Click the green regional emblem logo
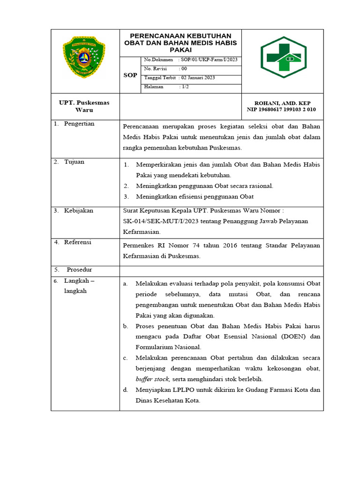click(84, 57)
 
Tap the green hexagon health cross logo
click(284, 57)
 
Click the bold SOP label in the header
click(130, 75)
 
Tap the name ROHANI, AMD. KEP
click(282, 103)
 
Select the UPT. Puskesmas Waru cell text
click(84, 106)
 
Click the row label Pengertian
click(79, 124)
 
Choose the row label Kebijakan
click(79, 210)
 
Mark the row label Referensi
click(78, 242)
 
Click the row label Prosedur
click(79, 270)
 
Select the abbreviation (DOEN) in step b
click(295, 337)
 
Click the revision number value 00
click(184, 68)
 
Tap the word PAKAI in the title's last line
click(180, 50)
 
